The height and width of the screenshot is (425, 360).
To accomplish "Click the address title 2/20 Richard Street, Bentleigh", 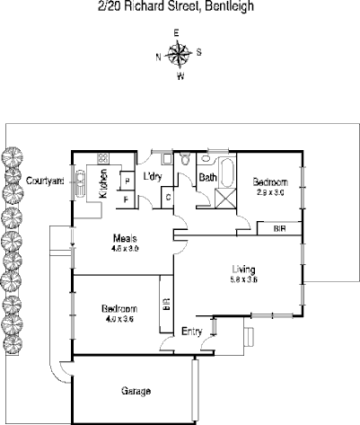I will pyautogui.click(x=180, y=6).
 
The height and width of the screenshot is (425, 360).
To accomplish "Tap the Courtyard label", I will pyautogui.click(x=44, y=180).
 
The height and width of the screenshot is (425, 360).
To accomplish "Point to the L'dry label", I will pyautogui.click(x=152, y=176).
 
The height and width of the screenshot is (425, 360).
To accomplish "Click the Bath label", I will pyautogui.click(x=206, y=178).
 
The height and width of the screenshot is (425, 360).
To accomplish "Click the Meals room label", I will pyautogui.click(x=124, y=237).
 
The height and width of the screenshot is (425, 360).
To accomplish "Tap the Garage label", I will pyautogui.click(x=136, y=392).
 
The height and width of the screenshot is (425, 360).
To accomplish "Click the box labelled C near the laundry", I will pyautogui.click(x=168, y=196).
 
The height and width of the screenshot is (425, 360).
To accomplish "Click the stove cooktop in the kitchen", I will pyautogui.click(x=103, y=159).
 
